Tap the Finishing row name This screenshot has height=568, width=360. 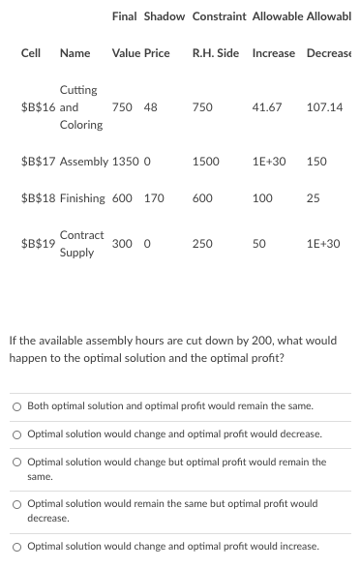click(x=82, y=198)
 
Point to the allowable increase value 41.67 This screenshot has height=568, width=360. click(x=266, y=106)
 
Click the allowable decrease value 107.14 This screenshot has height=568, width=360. click(x=324, y=106)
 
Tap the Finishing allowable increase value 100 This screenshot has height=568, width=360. click(x=261, y=198)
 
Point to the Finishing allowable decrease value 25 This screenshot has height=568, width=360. click(x=313, y=198)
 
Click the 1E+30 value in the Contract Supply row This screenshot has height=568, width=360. click(x=323, y=244)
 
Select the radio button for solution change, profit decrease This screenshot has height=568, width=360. click(x=16, y=434)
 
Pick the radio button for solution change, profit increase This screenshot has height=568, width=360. click(x=16, y=547)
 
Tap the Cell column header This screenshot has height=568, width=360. click(x=31, y=52)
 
